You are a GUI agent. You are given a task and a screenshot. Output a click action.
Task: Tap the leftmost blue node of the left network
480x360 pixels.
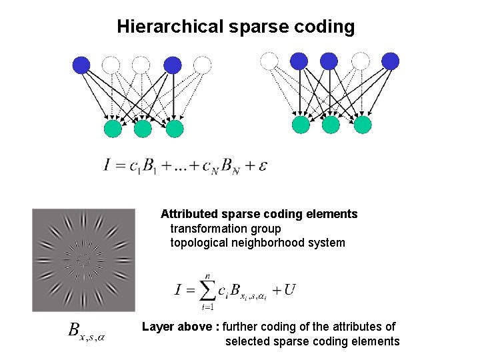tap(81, 65)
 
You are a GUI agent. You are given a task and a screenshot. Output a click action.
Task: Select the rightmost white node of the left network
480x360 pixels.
tap(203, 65)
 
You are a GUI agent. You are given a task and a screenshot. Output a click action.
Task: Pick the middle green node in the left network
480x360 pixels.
tap(143, 128)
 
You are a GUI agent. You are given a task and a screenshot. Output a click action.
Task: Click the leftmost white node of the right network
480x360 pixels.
tap(269, 61)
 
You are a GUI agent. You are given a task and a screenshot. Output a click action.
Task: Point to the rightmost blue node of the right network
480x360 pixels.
tap(390, 61)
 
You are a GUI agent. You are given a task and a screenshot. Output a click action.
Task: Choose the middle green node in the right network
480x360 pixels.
tap(331, 125)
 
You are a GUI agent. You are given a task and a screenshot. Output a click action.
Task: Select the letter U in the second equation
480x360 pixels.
tap(289, 289)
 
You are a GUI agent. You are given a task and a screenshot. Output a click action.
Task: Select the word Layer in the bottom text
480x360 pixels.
tap(158, 327)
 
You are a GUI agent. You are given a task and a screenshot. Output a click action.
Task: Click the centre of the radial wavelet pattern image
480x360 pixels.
tap(83, 260)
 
